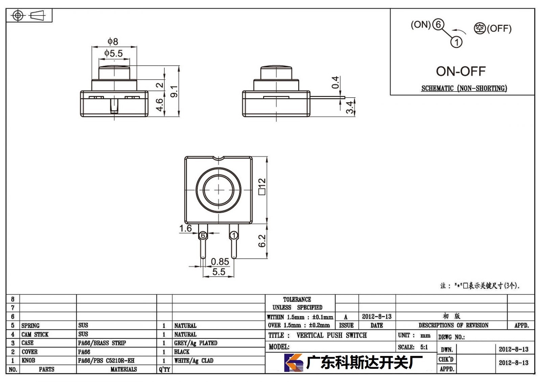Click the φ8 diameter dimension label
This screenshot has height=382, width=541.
[113, 42]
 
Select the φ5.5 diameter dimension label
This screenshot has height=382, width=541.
[114, 53]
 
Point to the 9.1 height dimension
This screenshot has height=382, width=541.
[174, 92]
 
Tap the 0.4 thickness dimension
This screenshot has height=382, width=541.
[335, 82]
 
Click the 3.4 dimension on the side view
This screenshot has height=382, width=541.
[350, 108]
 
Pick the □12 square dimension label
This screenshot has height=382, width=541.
[262, 186]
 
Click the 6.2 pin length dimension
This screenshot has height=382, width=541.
[262, 241]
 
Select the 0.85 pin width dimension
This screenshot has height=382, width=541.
[220, 261]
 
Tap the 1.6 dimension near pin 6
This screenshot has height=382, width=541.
[186, 228]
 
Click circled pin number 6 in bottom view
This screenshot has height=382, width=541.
[203, 235]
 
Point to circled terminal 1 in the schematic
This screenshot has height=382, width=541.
[456, 42]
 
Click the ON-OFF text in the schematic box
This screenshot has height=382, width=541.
[461, 71]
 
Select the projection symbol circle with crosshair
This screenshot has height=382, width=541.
[18, 16]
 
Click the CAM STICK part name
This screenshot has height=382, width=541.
[35, 334]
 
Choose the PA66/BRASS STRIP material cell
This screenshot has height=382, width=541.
[102, 343]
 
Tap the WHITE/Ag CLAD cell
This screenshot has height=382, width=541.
[194, 360]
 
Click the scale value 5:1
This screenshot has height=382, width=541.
[424, 347]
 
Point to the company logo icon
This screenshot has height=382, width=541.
[293, 363]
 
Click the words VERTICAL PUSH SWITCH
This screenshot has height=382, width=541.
[332, 335]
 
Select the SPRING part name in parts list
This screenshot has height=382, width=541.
[30, 326]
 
